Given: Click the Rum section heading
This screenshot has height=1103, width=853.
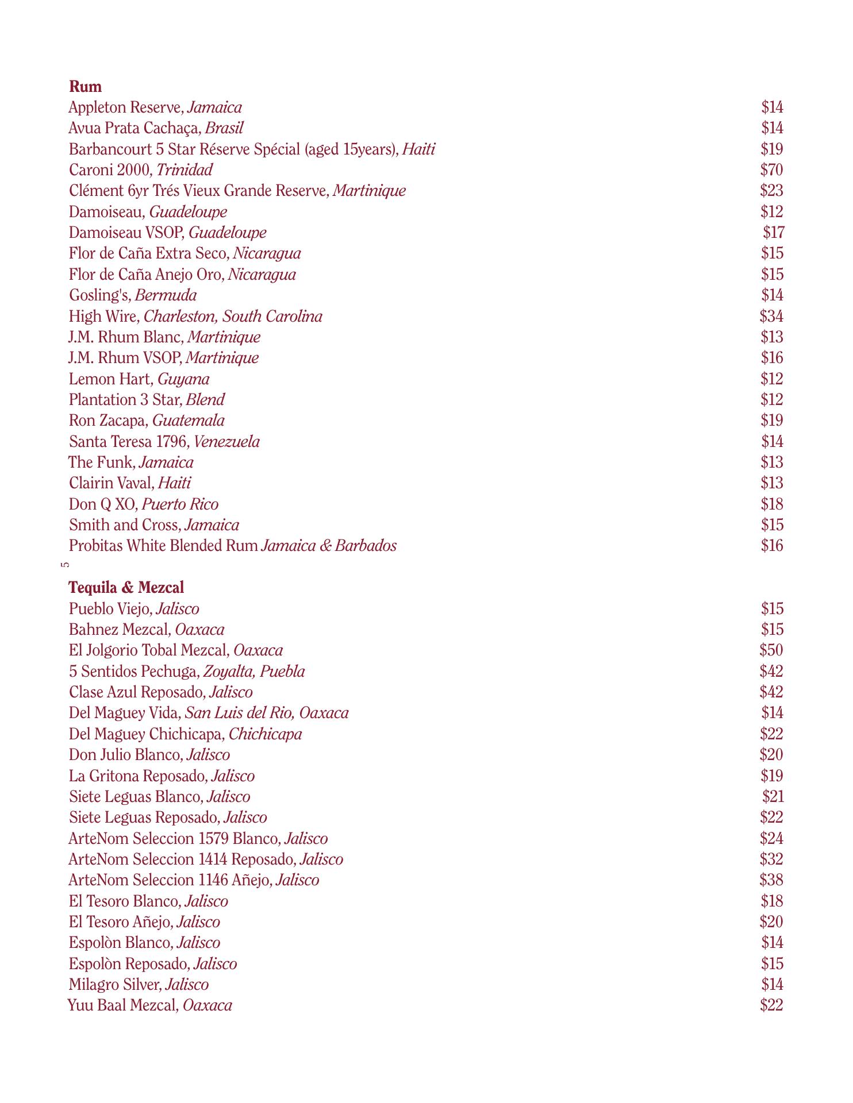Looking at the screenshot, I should [x=85, y=87].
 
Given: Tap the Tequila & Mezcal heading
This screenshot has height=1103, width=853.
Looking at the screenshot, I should [x=126, y=588].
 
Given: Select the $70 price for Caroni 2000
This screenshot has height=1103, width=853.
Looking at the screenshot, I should [x=771, y=170].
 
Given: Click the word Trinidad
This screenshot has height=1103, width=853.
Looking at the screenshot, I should [x=185, y=170].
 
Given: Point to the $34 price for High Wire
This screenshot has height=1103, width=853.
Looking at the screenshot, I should [x=771, y=316].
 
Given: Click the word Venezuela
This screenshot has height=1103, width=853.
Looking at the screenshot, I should [x=227, y=442].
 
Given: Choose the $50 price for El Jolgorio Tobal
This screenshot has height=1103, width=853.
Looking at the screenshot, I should [x=771, y=650].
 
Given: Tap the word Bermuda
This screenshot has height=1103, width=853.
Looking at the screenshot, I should [x=166, y=295].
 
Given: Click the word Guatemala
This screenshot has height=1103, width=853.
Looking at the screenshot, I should [x=189, y=421].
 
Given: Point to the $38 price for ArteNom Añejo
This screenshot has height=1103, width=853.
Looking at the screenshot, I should [x=771, y=880].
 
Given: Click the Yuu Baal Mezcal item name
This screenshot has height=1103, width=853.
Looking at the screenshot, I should [x=122, y=1005].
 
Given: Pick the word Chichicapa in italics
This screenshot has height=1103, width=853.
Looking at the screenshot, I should [x=266, y=734].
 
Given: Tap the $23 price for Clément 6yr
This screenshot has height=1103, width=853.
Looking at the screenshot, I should [x=771, y=191].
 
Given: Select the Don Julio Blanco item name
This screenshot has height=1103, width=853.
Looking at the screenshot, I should [x=125, y=755].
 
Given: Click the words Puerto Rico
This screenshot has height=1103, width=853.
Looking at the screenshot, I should [x=180, y=504].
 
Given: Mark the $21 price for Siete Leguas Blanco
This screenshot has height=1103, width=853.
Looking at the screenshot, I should [x=773, y=796].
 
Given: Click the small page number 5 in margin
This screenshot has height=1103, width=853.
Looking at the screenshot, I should [x=65, y=565].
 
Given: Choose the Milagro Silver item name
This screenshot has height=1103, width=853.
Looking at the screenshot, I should [x=114, y=985].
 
